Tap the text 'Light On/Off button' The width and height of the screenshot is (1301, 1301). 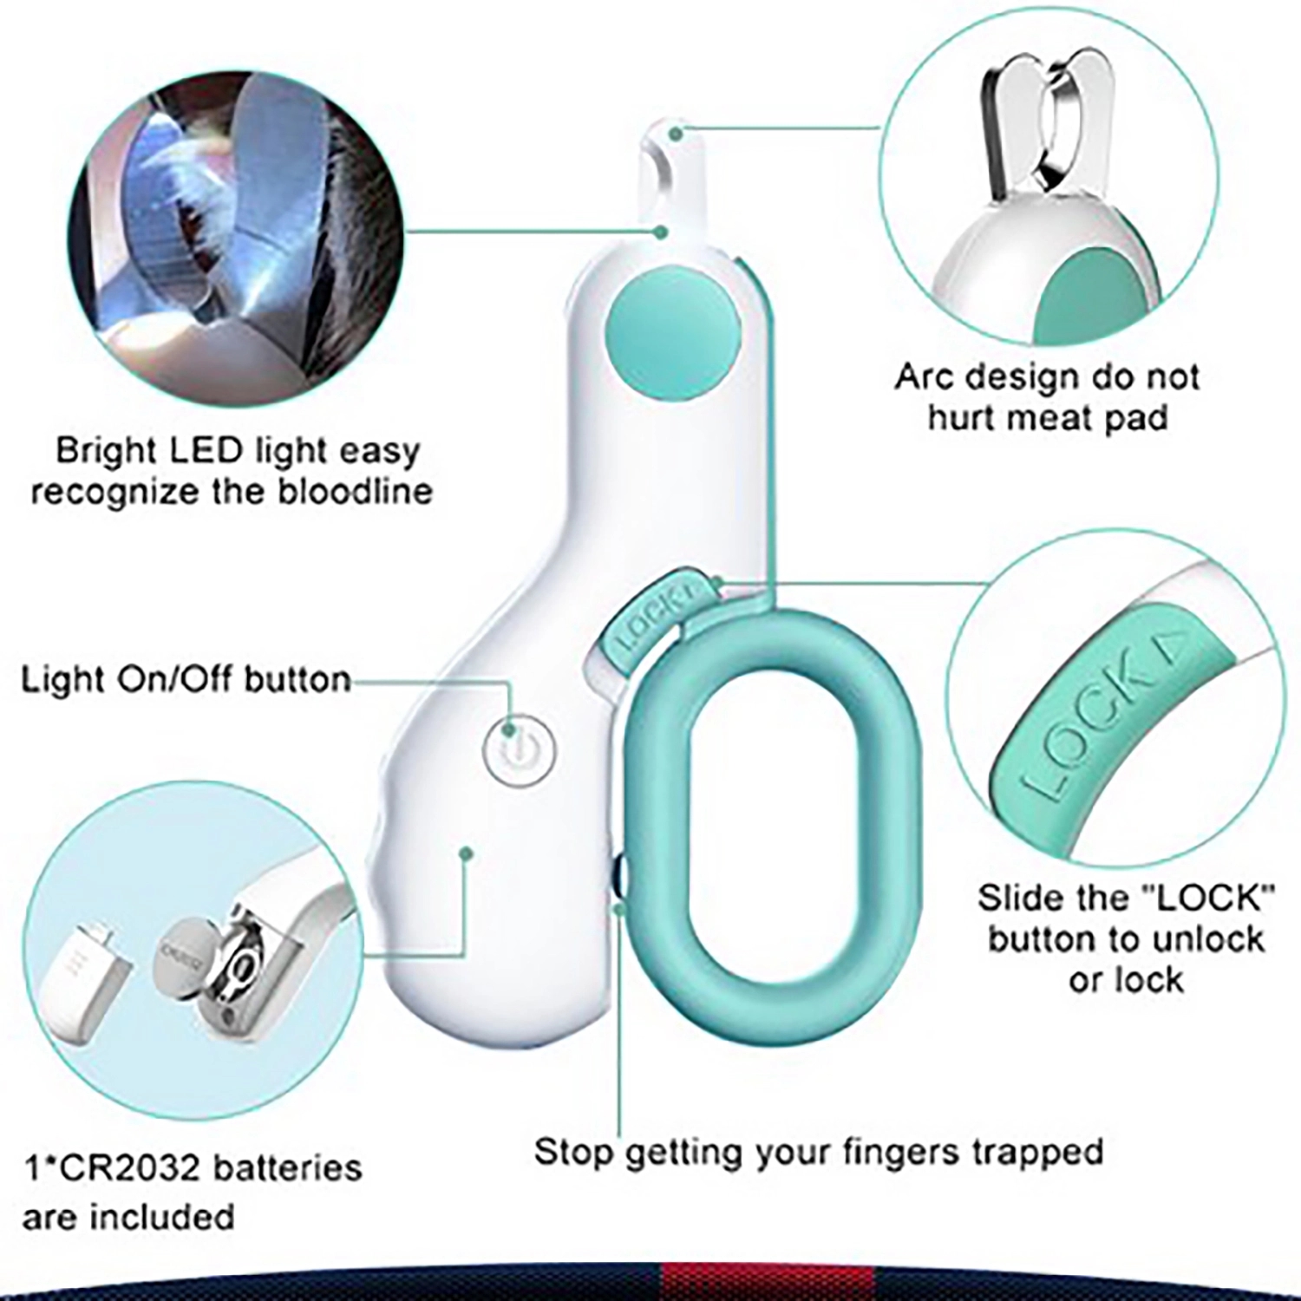point(186,679)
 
